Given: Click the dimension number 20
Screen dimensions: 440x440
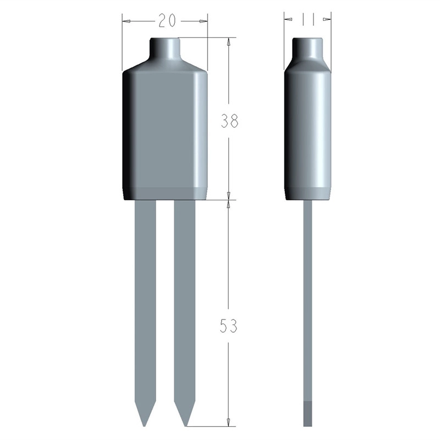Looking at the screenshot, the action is [x=167, y=20].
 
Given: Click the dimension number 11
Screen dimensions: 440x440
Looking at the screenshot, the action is [x=307, y=20].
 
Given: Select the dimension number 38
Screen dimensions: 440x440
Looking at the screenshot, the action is [x=229, y=121].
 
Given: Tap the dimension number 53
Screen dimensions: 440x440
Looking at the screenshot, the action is [x=229, y=326].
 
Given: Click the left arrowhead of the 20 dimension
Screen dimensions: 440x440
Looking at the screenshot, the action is [x=127, y=21].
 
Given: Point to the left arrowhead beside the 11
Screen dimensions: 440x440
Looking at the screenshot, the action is [x=289, y=19].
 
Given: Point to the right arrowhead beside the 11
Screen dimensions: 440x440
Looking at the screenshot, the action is [x=327, y=19].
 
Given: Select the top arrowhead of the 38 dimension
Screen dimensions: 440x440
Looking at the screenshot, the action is [x=228, y=42].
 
